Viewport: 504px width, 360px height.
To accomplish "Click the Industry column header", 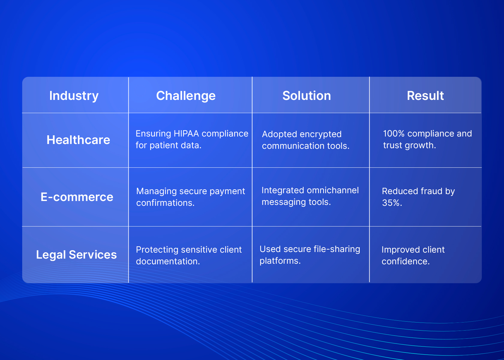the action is tap(74, 96).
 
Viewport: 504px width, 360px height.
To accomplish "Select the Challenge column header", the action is tap(186, 96).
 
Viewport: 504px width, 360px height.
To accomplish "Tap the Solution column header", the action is tap(307, 96).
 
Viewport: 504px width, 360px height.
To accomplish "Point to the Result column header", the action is tap(425, 96).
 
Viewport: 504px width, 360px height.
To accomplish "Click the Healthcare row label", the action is tap(78, 140).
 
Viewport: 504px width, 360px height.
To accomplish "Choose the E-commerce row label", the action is tap(77, 197).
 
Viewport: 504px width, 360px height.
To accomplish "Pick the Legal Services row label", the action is tap(76, 255).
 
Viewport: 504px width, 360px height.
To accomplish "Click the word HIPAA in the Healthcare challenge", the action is tap(186, 134).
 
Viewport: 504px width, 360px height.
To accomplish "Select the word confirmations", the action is tap(165, 203).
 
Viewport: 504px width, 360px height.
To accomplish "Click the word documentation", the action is tap(168, 262).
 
